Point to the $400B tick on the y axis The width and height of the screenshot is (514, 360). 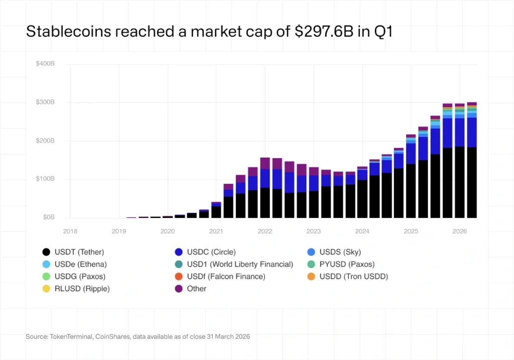coord(45,64)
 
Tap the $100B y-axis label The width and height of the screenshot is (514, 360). coord(45,179)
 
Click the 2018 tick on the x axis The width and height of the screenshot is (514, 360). coord(70,231)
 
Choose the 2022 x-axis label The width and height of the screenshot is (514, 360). coord(265,231)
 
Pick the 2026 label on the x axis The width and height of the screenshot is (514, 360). coord(460,231)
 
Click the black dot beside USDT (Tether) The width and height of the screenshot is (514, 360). coord(46,252)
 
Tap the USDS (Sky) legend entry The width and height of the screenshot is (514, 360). coord(340,252)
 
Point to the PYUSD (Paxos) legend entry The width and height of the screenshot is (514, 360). coord(347,264)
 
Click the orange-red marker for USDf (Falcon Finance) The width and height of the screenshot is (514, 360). coord(178,276)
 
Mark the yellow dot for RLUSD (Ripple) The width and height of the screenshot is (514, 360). coord(46,289)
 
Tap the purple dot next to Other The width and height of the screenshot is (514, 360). coord(178,289)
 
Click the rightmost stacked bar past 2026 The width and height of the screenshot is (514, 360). coord(472,161)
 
